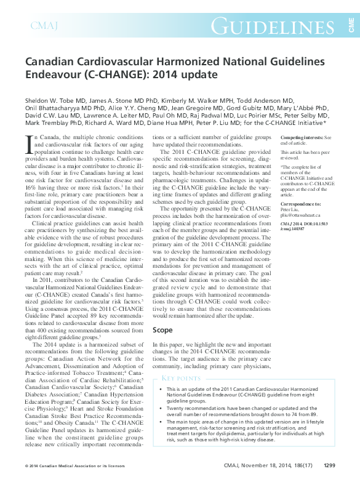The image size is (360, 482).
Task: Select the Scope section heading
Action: pyautogui.click(x=162, y=330)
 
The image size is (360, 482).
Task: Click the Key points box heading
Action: pyautogui.click(x=181, y=378)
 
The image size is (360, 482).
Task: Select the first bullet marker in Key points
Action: pyautogui.click(x=161, y=390)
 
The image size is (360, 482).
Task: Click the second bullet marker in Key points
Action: pyautogui.click(x=161, y=409)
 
